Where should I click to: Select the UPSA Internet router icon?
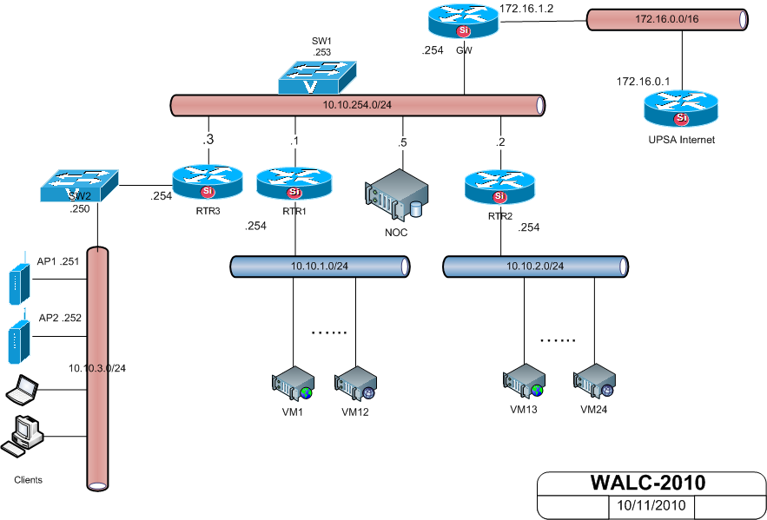(681, 110)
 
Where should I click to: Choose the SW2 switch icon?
(78, 184)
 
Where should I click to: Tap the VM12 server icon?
(355, 384)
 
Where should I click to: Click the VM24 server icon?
(592, 381)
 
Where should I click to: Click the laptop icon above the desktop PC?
(20, 392)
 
